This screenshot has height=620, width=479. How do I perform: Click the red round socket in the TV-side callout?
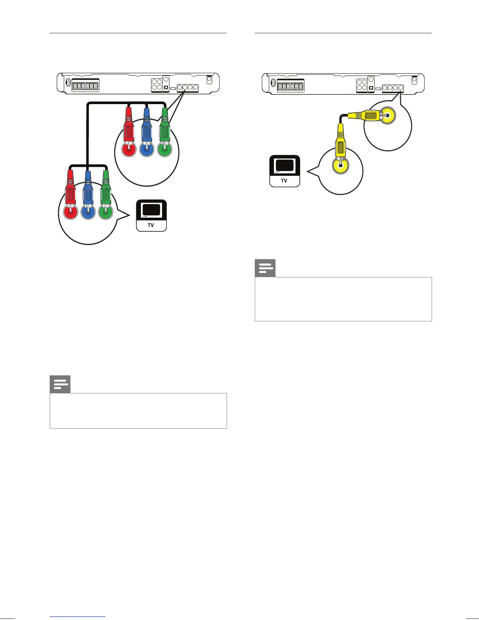[x=70, y=213]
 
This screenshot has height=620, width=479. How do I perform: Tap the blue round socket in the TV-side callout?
[x=88, y=213]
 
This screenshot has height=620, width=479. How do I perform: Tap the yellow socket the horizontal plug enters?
[x=388, y=115]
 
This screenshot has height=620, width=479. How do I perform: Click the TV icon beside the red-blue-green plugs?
[x=151, y=215]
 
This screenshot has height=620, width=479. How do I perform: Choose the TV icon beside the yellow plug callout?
[x=285, y=171]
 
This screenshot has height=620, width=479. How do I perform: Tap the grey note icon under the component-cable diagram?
[x=60, y=384]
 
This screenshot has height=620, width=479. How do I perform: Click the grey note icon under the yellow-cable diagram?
[x=265, y=268]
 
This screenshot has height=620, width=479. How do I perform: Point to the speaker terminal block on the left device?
[x=86, y=86]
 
